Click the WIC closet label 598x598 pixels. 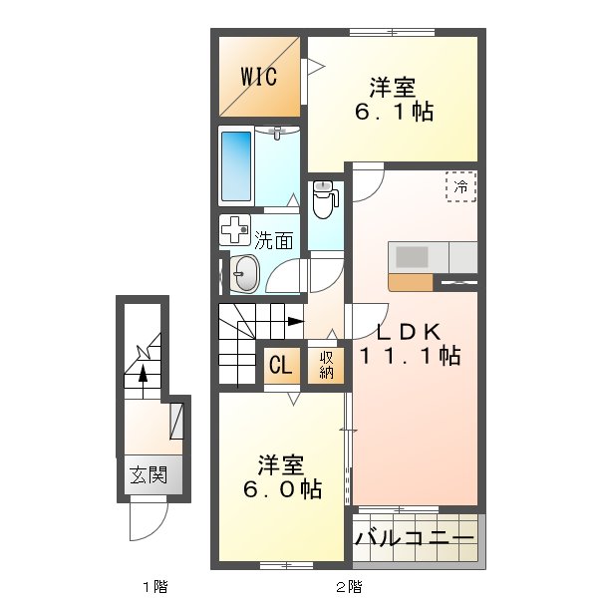(257, 76)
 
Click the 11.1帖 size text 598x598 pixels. (410, 355)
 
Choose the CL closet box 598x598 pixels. (279, 366)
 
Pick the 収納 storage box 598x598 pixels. (327, 366)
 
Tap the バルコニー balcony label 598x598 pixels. (414, 539)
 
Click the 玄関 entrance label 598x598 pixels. (146, 475)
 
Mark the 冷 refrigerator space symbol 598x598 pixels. (460, 185)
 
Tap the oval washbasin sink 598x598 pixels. (245, 272)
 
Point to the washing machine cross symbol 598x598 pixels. (235, 231)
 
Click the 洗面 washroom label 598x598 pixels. (273, 239)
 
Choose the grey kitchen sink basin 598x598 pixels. (413, 256)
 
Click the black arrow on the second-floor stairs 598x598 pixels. (295, 321)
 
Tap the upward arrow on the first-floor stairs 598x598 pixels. (143, 373)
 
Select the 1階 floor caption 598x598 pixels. (152, 585)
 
